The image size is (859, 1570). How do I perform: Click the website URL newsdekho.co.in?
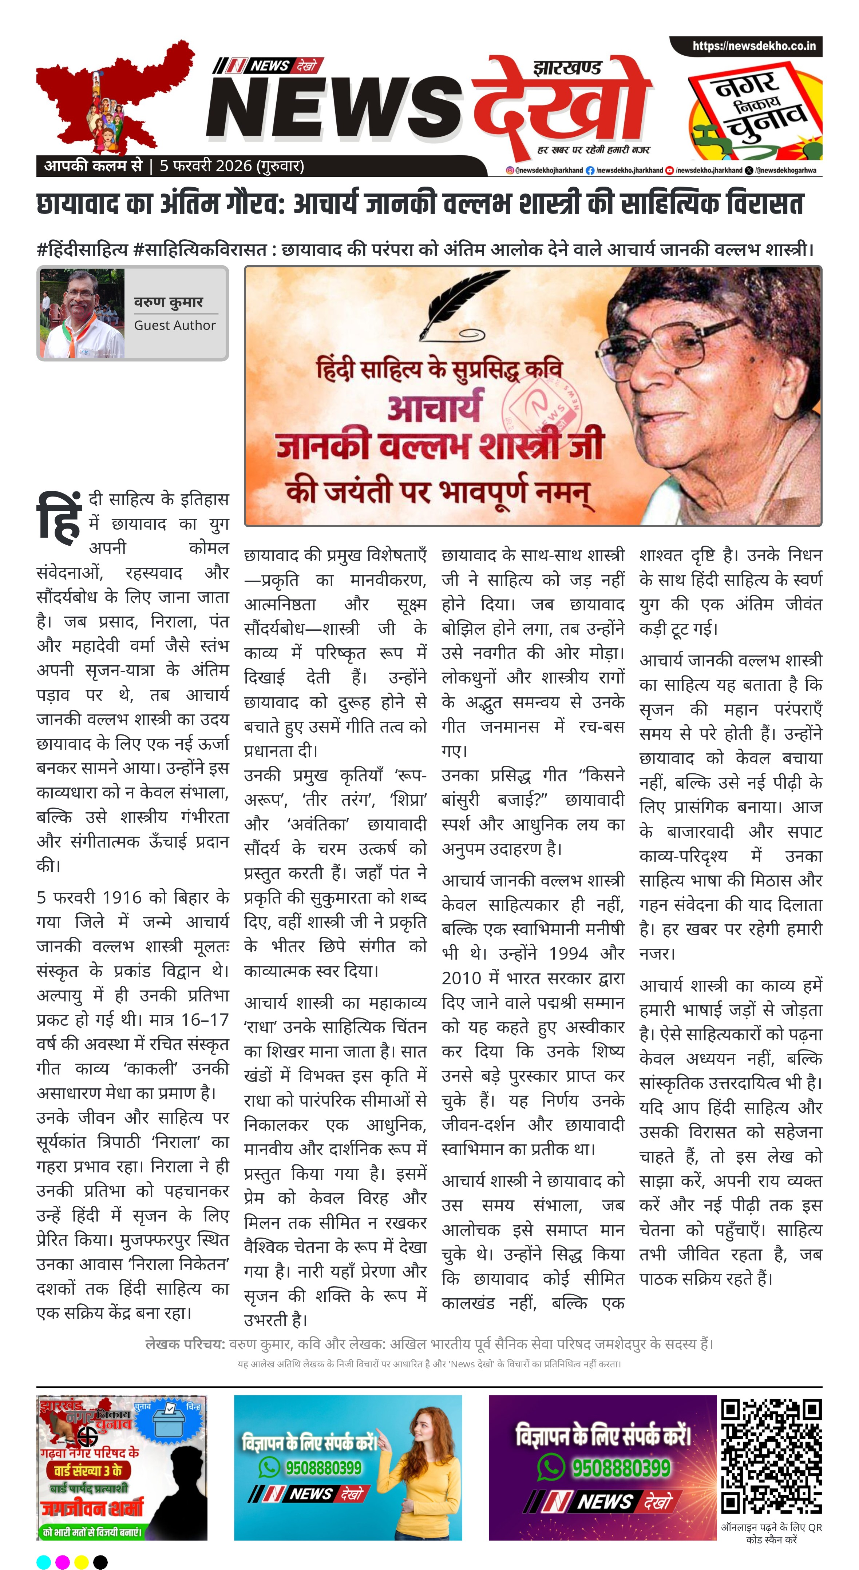point(753,46)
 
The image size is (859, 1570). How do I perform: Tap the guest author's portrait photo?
point(82,313)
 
